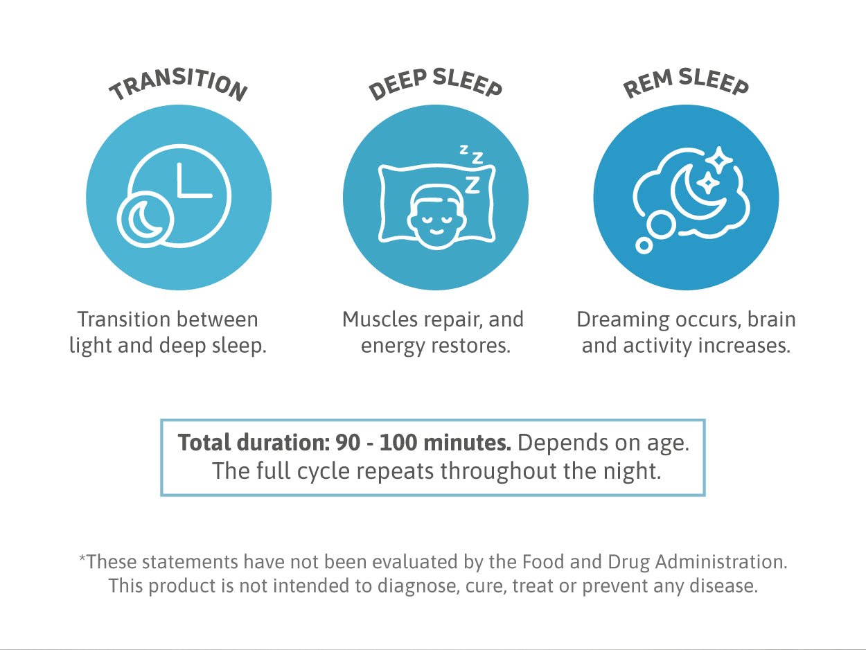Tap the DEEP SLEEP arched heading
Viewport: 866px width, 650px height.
tap(436, 83)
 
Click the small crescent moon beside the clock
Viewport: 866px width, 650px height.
tap(145, 220)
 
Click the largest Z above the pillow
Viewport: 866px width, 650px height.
tap(472, 185)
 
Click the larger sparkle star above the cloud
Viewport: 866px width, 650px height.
tap(719, 160)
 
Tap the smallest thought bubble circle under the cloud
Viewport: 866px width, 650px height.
tap(644, 245)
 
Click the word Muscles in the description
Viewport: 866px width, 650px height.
tap(380, 319)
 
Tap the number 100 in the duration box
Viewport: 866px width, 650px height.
tap(398, 442)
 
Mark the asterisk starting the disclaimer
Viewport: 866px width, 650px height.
tap(82, 559)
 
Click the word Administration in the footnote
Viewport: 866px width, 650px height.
tap(721, 561)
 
